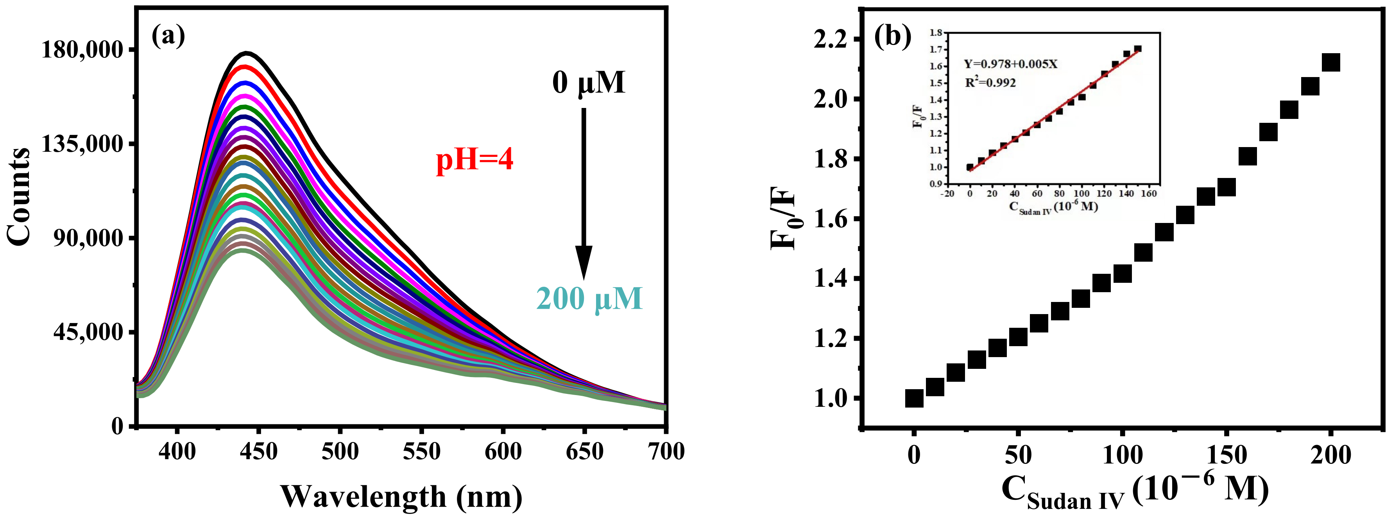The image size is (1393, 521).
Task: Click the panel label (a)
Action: (x=168, y=37)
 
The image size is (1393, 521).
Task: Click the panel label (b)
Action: (x=893, y=37)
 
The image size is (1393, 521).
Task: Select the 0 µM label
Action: (x=588, y=83)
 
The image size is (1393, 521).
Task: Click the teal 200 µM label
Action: (x=589, y=299)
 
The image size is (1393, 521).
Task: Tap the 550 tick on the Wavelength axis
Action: (x=421, y=451)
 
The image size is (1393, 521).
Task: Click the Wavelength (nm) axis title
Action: (x=401, y=496)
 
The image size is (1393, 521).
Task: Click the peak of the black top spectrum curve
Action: (x=247, y=53)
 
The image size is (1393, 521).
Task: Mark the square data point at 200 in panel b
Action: (x=1331, y=63)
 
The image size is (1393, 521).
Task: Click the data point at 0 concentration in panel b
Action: (x=914, y=399)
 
